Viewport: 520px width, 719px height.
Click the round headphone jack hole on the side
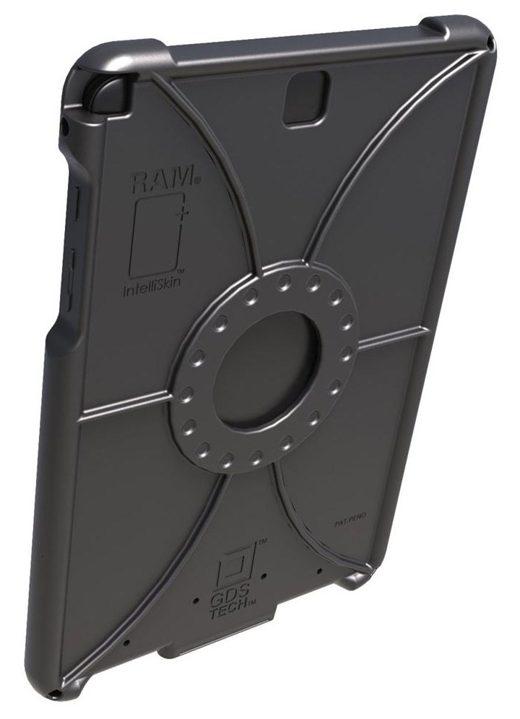point(66,128)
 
